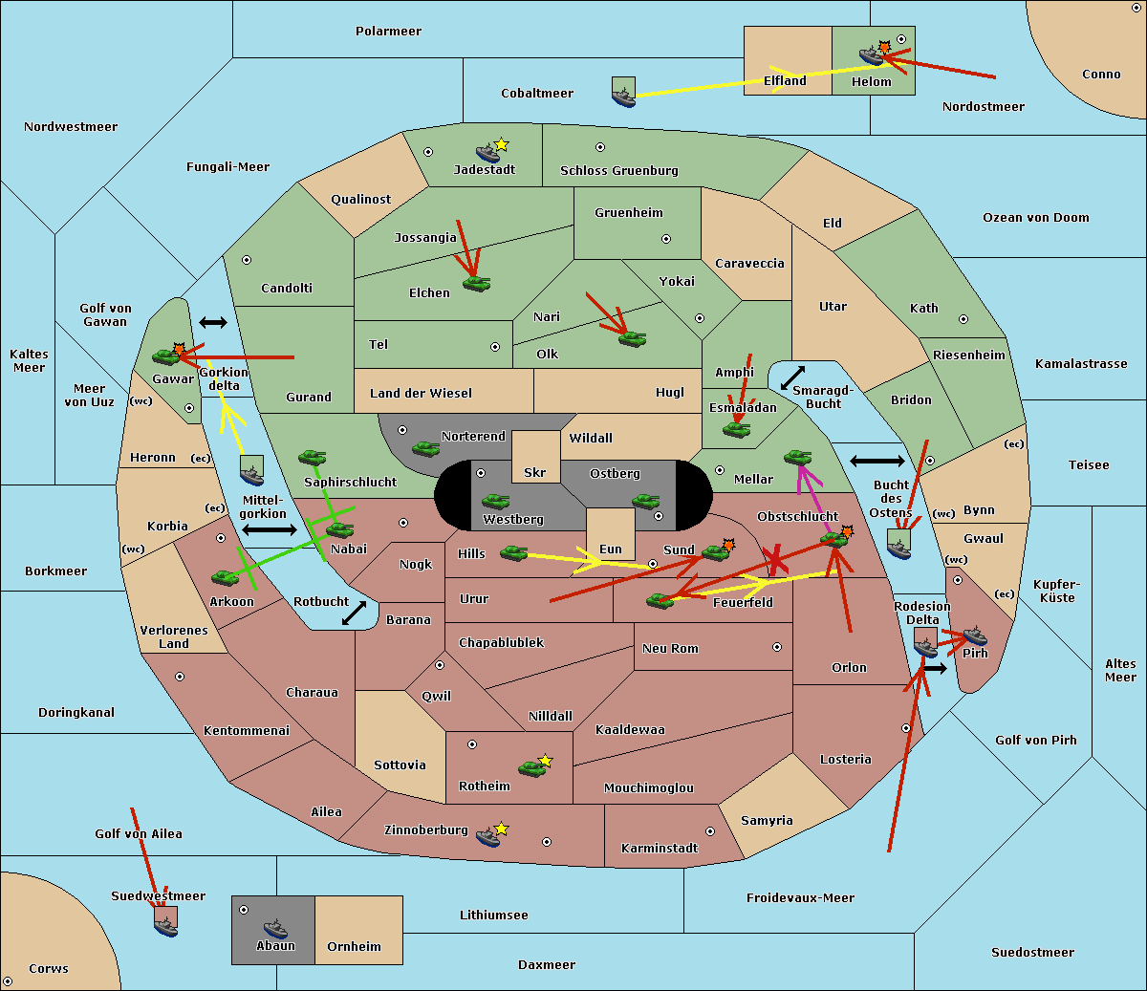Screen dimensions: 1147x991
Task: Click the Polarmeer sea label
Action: tap(388, 32)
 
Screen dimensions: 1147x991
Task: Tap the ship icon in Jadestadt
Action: tap(488, 153)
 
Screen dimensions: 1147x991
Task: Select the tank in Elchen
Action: tap(477, 284)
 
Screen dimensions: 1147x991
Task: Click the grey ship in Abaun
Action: tap(276, 928)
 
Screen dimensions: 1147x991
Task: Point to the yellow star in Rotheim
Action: tap(546, 760)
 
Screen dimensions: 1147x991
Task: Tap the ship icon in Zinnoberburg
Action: tap(488, 837)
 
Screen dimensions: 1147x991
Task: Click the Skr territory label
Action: tap(535, 472)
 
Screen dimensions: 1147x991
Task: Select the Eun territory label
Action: tap(611, 549)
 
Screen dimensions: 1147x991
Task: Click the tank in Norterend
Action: tap(425, 448)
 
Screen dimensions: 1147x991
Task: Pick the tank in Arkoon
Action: tap(226, 577)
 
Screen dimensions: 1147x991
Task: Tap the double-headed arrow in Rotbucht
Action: tap(354, 613)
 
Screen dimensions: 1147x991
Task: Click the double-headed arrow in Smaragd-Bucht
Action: tap(792, 377)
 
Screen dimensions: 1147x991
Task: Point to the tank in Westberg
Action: tap(495, 502)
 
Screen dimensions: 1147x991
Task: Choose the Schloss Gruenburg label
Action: tap(619, 170)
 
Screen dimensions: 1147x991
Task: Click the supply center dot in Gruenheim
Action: tap(666, 239)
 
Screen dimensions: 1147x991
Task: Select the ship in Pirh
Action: tap(975, 636)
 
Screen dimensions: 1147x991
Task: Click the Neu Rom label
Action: tap(670, 648)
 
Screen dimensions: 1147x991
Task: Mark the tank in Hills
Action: tap(514, 553)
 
